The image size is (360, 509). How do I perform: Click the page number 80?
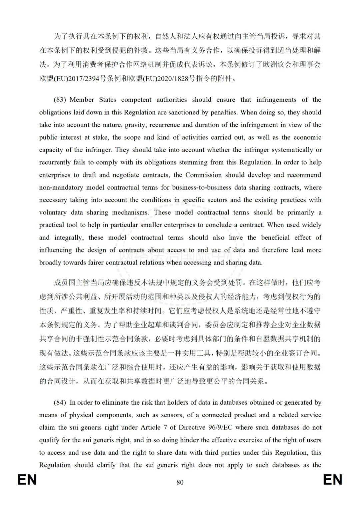tap(180, 482)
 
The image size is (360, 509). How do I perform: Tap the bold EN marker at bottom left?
tap(27, 480)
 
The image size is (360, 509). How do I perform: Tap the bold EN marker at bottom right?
tap(332, 480)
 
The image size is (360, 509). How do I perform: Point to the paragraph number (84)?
tap(60, 403)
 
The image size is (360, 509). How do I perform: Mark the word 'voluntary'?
tap(53, 212)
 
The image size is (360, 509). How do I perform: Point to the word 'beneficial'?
tap(275, 237)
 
